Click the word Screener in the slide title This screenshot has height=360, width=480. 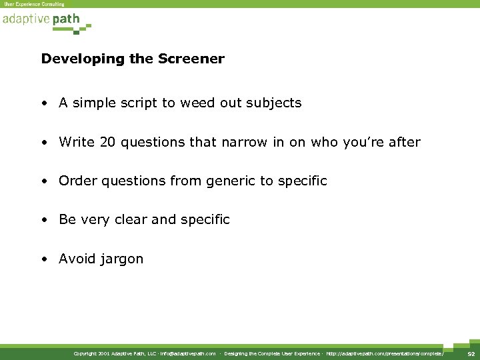tap(193, 59)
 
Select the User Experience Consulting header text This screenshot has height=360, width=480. tap(35, 4)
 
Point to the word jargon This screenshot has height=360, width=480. tap(121, 259)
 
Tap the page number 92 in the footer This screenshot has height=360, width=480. tap(471, 353)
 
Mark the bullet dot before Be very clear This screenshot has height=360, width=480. tap(43, 220)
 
